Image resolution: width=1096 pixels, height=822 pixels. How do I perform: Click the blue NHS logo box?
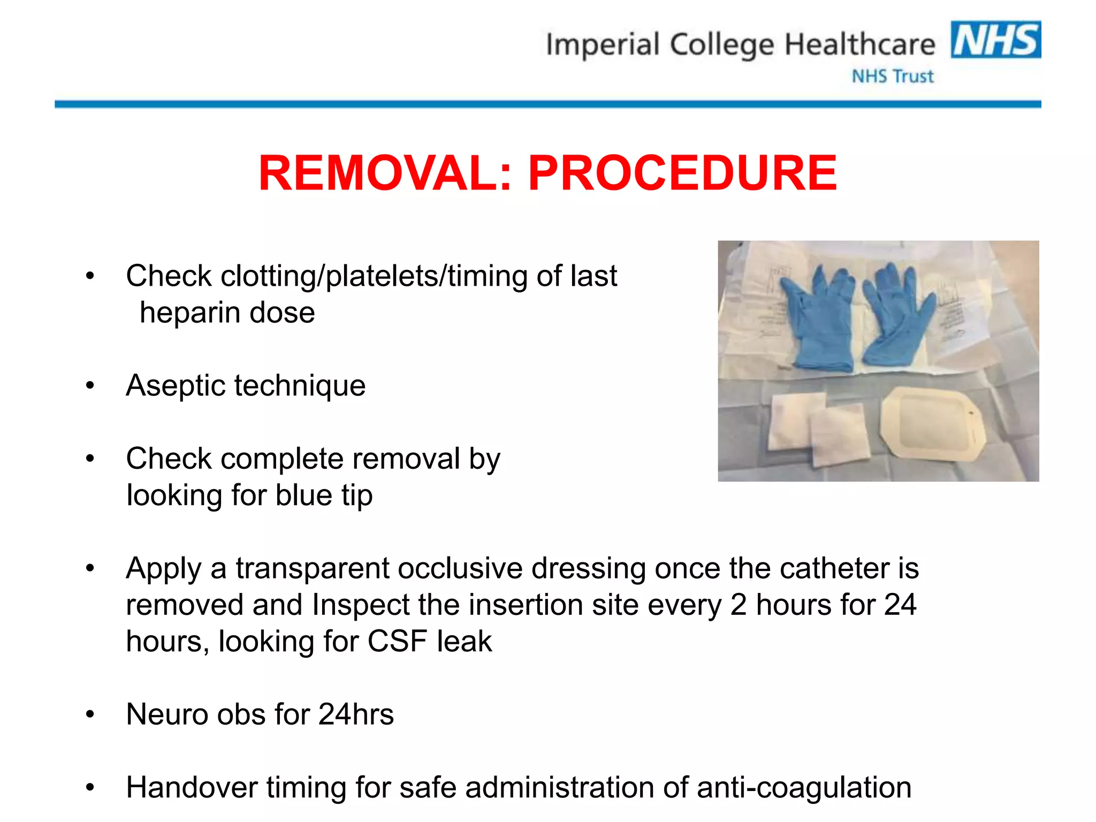[x=995, y=40]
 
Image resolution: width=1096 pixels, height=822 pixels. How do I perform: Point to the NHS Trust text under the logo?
[x=893, y=77]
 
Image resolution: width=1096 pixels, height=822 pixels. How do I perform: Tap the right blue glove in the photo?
[x=894, y=316]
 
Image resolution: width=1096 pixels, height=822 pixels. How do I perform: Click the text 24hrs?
[x=356, y=714]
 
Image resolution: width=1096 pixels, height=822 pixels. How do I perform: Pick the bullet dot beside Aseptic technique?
[x=90, y=385]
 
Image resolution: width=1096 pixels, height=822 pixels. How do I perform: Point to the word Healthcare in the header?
[x=859, y=45]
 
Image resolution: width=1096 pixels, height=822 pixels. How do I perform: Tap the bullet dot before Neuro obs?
[x=90, y=714]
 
